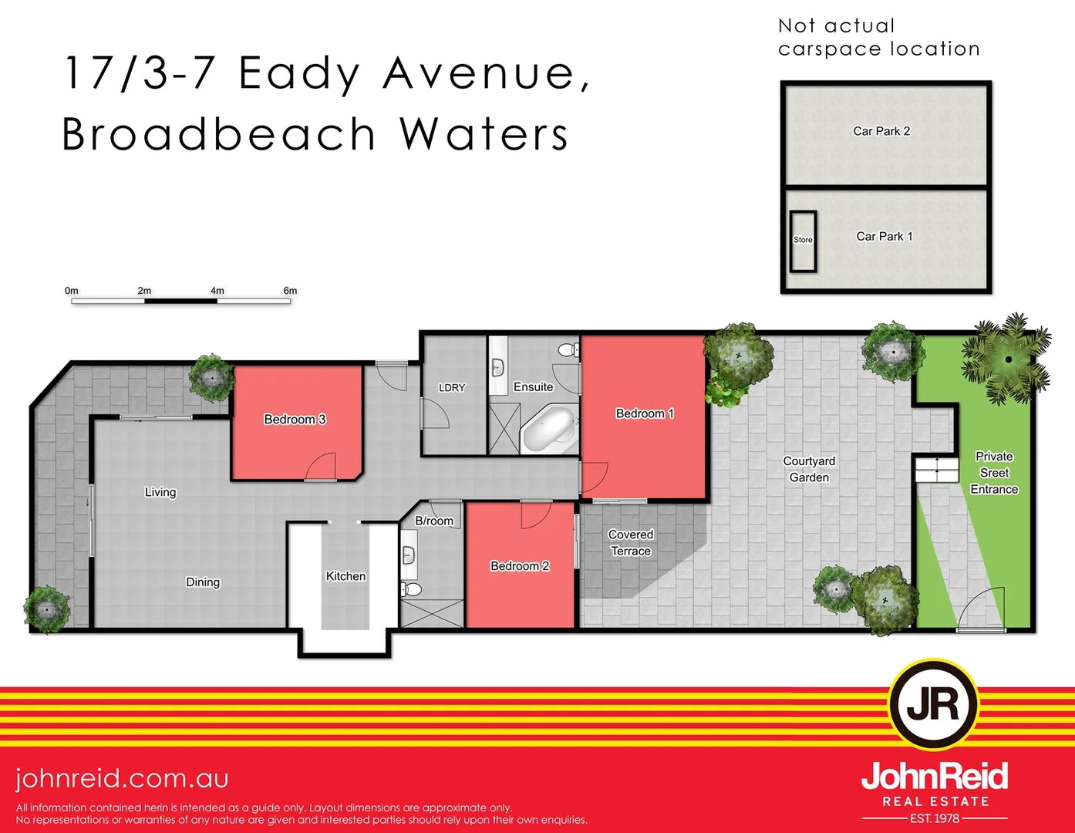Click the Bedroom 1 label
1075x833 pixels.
coord(645,413)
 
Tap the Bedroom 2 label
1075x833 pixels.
coord(520,566)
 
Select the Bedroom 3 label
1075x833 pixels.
coord(295,420)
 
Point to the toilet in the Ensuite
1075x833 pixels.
coord(569,350)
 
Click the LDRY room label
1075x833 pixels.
coord(452,387)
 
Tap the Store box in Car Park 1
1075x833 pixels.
coord(803,240)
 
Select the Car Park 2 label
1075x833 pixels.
coord(881,131)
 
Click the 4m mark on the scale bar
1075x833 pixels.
coord(217,292)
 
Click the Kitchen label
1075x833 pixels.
coord(345,576)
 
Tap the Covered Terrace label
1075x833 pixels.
coord(631,543)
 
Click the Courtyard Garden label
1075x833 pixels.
coord(809,469)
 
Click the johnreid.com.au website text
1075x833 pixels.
coord(122,778)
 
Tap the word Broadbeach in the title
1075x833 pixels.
coord(218,134)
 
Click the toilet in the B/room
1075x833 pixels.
coord(411,590)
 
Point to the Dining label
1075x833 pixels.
coord(203,582)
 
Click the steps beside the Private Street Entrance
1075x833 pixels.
coord(936,469)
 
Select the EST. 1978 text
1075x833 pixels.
coord(935,818)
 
